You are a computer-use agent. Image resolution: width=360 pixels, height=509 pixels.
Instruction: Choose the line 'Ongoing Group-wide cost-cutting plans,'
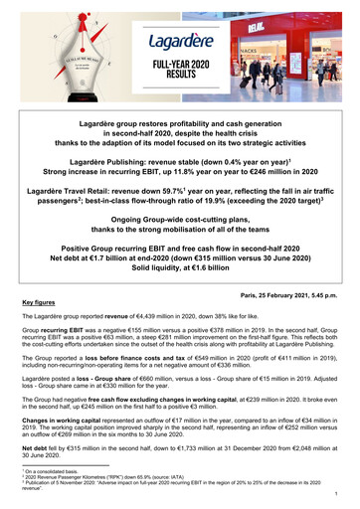(x=179, y=214)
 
